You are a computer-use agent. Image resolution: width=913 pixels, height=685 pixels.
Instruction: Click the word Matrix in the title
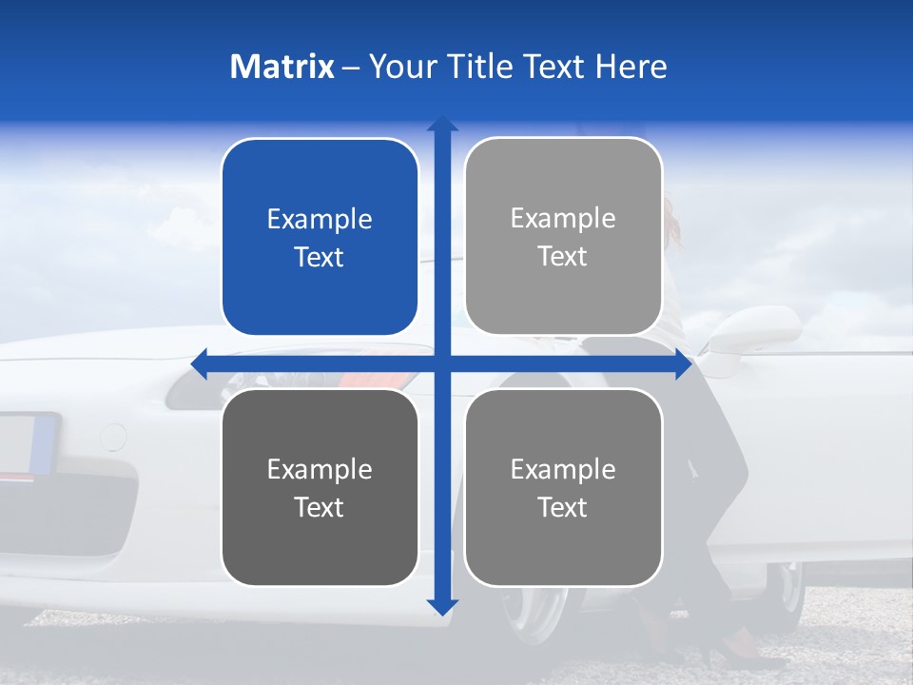pos(282,67)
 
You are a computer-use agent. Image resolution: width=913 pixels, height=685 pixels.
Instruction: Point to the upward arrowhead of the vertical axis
pos(442,124)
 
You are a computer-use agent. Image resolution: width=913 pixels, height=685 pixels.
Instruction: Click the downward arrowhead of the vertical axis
pos(442,606)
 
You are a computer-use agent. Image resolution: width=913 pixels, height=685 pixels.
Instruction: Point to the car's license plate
pos(29,443)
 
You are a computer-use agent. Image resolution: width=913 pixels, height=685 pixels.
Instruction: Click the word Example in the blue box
pos(320,219)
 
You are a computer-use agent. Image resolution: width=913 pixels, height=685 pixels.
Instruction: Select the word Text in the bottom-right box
pos(563,507)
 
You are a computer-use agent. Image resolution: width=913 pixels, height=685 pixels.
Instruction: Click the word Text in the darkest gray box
pos(320,507)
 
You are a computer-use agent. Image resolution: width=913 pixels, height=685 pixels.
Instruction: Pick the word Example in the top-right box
pos(563,218)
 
